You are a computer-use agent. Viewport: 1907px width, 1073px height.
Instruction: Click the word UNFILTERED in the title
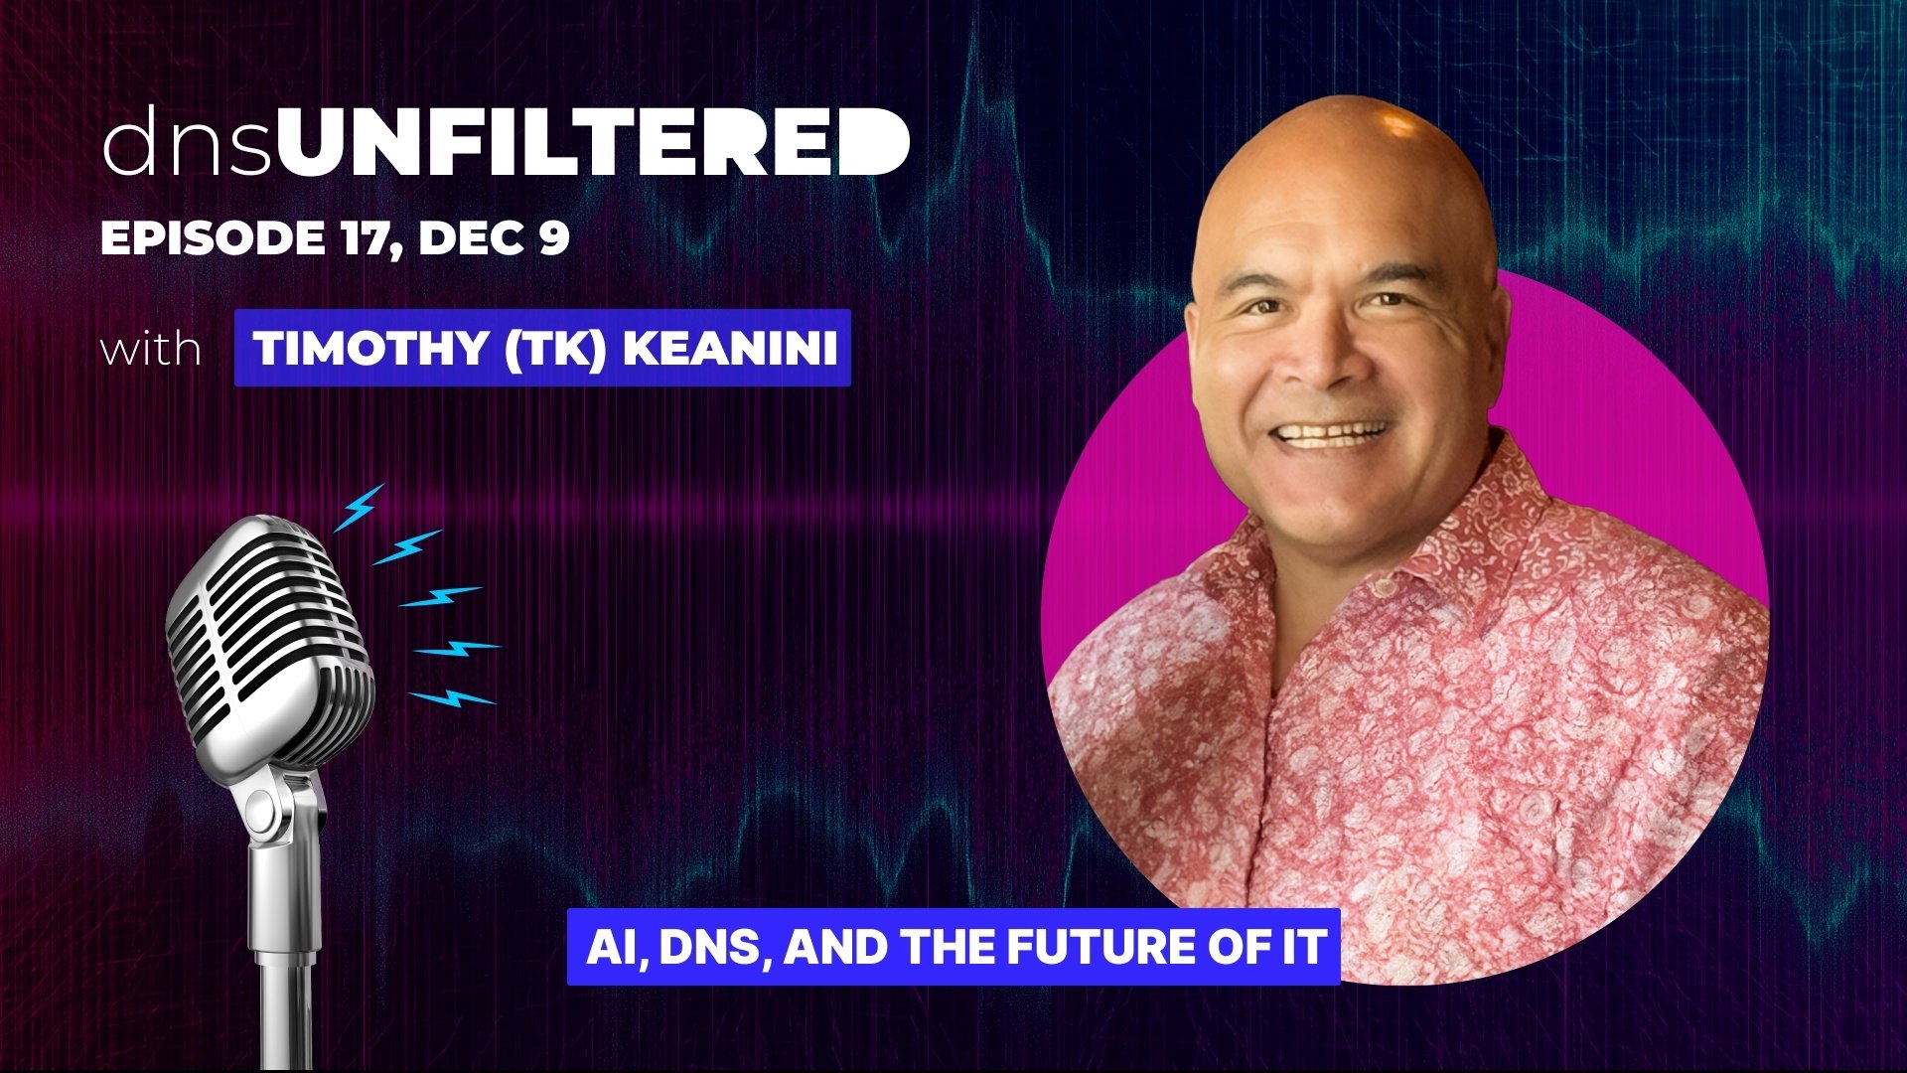click(593, 141)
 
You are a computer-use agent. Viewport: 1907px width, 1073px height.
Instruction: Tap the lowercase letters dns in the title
click(186, 142)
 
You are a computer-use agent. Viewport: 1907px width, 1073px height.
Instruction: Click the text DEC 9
click(494, 238)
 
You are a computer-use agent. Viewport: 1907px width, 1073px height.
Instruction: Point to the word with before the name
click(151, 349)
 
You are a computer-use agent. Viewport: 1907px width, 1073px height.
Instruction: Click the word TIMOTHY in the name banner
click(369, 348)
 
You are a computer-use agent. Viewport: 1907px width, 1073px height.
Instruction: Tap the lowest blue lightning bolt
click(453, 697)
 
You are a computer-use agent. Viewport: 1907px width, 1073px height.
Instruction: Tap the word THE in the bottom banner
click(952, 947)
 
